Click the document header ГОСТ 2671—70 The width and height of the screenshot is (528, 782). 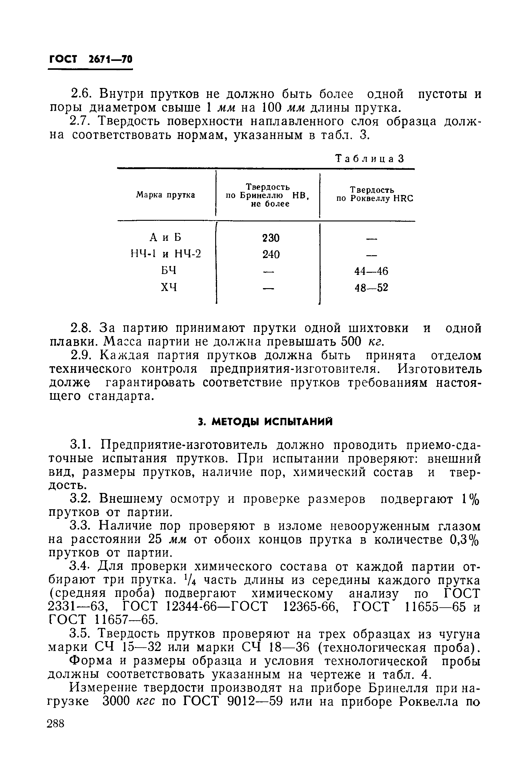(x=91, y=60)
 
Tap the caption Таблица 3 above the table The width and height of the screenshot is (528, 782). (x=369, y=158)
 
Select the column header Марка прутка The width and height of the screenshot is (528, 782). (x=166, y=195)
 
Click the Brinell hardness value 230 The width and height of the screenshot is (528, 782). (x=271, y=238)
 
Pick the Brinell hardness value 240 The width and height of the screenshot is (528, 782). (x=271, y=254)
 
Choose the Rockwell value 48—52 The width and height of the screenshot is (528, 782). (x=371, y=288)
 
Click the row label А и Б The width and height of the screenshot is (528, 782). (x=165, y=237)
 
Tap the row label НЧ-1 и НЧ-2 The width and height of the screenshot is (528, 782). (x=165, y=254)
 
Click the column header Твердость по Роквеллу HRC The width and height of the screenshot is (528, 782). (x=374, y=195)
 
